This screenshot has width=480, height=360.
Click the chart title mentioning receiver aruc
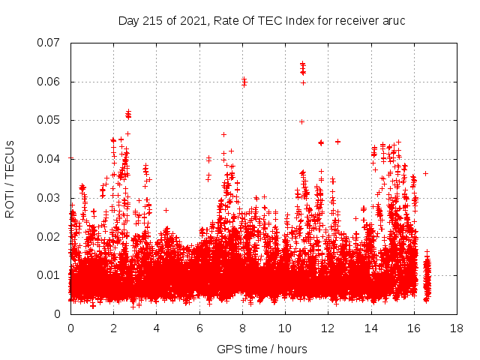coord(262,20)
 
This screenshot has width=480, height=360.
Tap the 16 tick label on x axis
coord(414,328)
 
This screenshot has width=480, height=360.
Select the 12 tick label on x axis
coord(328,328)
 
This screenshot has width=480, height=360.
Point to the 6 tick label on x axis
coord(199,328)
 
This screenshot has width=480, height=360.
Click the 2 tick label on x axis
coord(113,328)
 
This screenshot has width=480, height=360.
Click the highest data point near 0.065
coord(302,64)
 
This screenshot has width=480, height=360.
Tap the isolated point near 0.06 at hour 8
coord(244,82)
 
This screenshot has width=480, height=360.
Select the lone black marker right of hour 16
coord(425,173)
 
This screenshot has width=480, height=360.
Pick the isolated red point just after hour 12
coord(337,141)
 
